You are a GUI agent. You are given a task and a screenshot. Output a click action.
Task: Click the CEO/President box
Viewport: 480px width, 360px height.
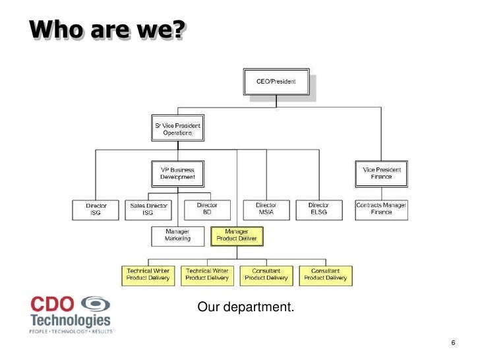click(276, 82)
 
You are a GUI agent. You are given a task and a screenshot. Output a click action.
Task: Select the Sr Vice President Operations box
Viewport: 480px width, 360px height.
click(177, 129)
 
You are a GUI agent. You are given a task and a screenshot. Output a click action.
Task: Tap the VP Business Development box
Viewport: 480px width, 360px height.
click(177, 173)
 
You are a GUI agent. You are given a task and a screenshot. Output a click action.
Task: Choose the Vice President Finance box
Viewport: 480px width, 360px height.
click(381, 173)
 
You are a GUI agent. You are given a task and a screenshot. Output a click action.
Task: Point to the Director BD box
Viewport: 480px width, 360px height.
click(207, 209)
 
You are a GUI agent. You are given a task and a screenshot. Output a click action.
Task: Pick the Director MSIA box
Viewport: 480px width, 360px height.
click(266, 209)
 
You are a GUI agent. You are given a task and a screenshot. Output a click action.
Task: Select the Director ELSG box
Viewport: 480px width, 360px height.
click(318, 209)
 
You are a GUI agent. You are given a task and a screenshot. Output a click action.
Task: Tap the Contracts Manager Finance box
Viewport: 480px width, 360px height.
click(381, 209)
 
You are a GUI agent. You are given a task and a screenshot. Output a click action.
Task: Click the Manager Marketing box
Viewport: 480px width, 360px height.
click(177, 235)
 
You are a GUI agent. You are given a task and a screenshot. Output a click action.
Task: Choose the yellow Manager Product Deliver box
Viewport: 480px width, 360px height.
click(237, 235)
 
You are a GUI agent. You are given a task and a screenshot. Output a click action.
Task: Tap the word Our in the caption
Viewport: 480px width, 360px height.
click(208, 308)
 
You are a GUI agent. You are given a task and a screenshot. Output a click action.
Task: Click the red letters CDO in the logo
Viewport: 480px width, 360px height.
click(53, 304)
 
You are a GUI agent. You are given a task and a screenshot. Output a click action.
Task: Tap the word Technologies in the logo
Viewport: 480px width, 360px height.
click(71, 320)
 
